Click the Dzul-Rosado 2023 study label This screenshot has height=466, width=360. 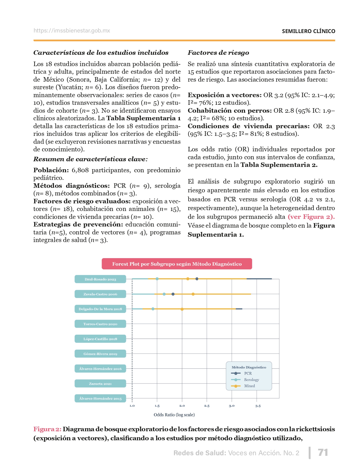100,279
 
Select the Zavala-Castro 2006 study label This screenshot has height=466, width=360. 100,294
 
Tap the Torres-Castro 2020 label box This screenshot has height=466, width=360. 100,324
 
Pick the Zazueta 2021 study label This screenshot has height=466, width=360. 100,384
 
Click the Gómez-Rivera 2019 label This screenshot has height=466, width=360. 100,354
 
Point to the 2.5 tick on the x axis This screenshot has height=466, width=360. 207,406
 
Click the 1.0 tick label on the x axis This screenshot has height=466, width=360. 132,406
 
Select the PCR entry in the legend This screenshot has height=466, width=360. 248,373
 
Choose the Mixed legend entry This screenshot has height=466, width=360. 249,386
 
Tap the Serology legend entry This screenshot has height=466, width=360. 251,380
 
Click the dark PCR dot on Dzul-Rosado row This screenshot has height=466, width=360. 197,279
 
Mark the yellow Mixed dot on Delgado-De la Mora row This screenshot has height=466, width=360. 182,309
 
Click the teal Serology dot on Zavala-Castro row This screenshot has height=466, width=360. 164,294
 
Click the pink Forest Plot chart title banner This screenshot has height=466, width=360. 177,264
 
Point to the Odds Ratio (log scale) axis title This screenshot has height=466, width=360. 174,415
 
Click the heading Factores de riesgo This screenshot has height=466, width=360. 218,53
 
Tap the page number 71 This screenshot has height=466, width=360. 323,452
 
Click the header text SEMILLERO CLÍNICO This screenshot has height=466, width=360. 308,31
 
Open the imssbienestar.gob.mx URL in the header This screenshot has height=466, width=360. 72,31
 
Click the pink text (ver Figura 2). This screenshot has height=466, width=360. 311,217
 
